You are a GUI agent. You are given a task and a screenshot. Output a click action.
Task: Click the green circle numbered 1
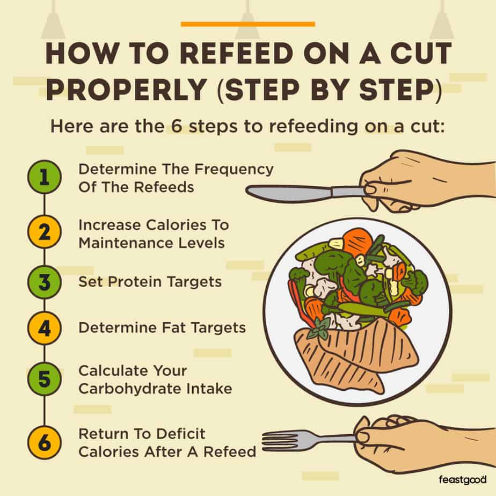pyautogui.click(x=44, y=177)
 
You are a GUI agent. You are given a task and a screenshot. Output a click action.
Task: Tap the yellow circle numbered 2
pyautogui.click(x=44, y=232)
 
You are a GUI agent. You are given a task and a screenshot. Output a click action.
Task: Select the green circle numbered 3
pyautogui.click(x=44, y=281)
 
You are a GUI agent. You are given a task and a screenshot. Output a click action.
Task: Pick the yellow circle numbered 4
pyautogui.click(x=44, y=327)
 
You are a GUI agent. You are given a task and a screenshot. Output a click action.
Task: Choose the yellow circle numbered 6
pyautogui.click(x=44, y=442)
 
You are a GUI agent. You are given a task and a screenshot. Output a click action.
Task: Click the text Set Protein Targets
pyautogui.click(x=150, y=281)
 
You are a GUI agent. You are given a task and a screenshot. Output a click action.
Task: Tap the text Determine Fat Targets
pyautogui.click(x=162, y=327)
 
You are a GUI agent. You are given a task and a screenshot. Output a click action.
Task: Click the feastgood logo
pyautogui.click(x=462, y=479)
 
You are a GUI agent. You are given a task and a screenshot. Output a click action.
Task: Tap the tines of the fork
pyautogui.click(x=279, y=440)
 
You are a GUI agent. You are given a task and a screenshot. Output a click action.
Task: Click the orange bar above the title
pyautogui.click(x=247, y=24)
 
